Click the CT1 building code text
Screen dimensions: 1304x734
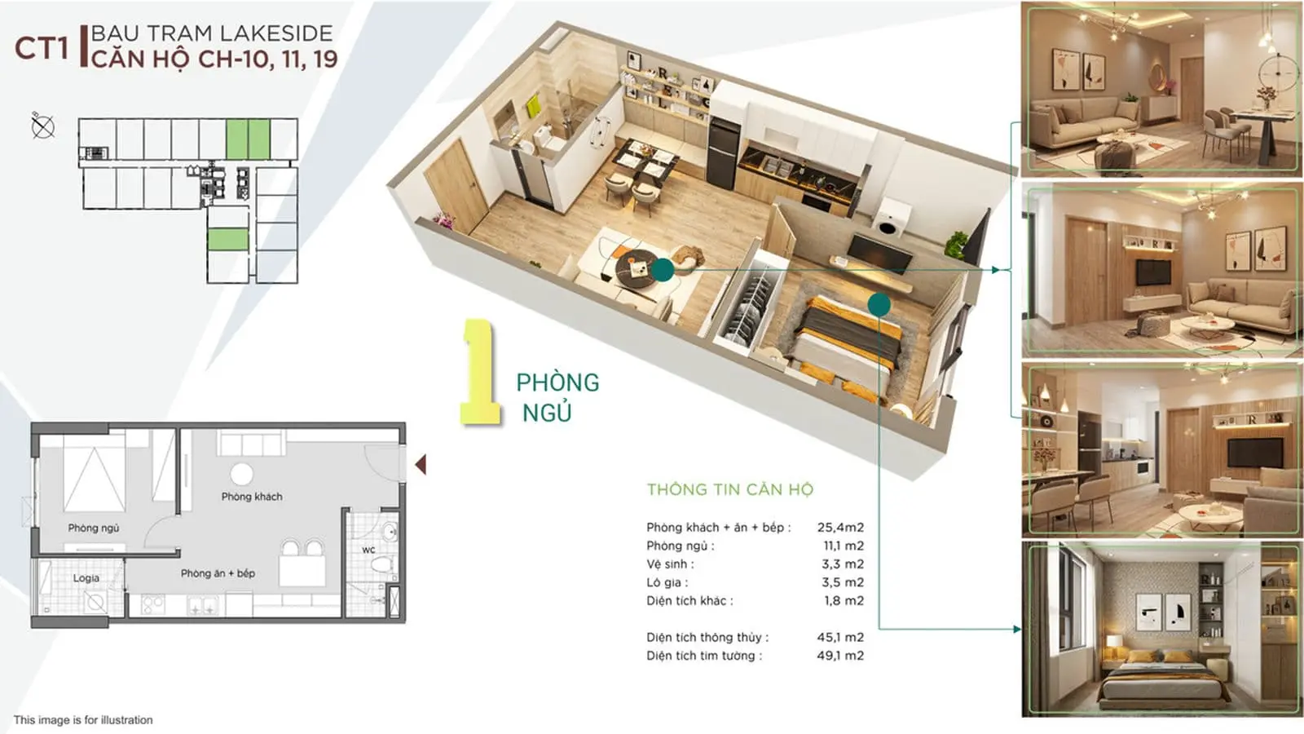click(x=42, y=48)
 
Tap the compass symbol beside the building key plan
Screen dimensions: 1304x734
click(x=43, y=126)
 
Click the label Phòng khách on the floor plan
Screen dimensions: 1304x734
click(x=252, y=497)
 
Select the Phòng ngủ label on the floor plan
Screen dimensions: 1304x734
click(x=93, y=528)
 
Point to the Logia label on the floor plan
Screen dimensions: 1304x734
click(x=86, y=578)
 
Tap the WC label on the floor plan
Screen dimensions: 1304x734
click(x=368, y=550)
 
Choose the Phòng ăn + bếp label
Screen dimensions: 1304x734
click(x=218, y=573)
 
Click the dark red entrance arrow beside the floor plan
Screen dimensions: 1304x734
click(x=421, y=464)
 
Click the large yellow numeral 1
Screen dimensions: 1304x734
click(x=480, y=372)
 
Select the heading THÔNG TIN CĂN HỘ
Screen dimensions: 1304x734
click(x=730, y=489)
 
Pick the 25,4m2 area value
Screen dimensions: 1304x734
click(x=840, y=527)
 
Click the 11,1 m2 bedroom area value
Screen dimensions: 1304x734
click(x=844, y=546)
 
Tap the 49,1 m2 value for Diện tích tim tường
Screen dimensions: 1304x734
click(x=840, y=656)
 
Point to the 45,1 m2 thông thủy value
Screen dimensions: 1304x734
click(x=840, y=637)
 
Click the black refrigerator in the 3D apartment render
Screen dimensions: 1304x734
click(x=724, y=153)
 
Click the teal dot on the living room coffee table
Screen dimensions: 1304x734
click(x=663, y=270)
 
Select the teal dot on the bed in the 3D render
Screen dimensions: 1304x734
click(x=879, y=304)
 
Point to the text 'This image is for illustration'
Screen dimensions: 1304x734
click(x=83, y=720)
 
